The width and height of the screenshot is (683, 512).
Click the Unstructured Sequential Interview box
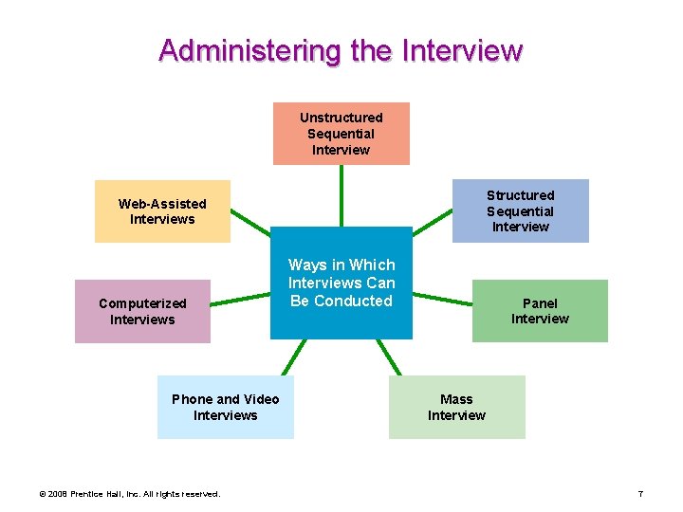tap(341, 134)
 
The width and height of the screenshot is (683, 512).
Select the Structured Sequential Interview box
tap(520, 210)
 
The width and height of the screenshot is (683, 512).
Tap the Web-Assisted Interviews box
tap(162, 210)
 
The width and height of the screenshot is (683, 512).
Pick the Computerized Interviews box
tap(142, 311)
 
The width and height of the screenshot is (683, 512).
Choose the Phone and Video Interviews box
tap(225, 407)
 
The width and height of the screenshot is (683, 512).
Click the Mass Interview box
tap(456, 407)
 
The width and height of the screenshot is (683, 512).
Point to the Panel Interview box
tap(540, 311)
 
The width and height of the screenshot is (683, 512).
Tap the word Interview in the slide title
tap(463, 49)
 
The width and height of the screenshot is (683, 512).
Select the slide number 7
tap(640, 494)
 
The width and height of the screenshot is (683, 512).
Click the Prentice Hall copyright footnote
tap(129, 494)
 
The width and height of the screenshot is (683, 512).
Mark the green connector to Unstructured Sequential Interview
tap(341, 195)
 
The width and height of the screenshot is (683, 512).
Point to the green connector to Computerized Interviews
tap(241, 300)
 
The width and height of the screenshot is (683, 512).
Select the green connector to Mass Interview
tap(389, 357)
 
